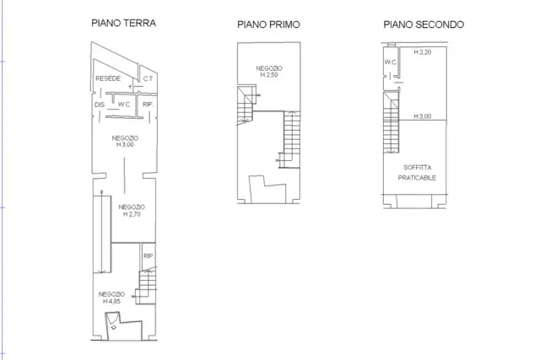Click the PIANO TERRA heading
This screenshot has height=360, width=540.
click(x=124, y=23)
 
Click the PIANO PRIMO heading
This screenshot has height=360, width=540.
click(x=268, y=24)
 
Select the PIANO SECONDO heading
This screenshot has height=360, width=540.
click(x=424, y=24)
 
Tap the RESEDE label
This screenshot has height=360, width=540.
click(x=108, y=78)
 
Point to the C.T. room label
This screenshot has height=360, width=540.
click(x=148, y=78)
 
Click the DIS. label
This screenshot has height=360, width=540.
click(x=100, y=105)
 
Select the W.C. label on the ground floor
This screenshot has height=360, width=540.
click(x=124, y=105)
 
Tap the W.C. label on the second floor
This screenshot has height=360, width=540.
click(x=391, y=62)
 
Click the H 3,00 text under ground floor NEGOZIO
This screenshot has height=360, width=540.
click(x=125, y=144)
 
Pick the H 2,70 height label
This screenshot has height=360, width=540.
click(x=132, y=214)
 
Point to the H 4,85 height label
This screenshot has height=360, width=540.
click(x=111, y=302)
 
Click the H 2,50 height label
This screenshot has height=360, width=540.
click(x=269, y=75)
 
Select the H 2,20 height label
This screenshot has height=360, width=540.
click(x=423, y=52)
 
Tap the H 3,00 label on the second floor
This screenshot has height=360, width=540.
click(x=423, y=116)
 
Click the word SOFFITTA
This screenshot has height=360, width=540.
click(x=418, y=168)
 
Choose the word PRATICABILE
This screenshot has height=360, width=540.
click(x=417, y=178)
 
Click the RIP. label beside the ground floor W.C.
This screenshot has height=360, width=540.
click(x=148, y=105)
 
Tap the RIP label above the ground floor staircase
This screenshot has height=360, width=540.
click(x=148, y=256)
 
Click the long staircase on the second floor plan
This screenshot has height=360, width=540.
click(x=391, y=122)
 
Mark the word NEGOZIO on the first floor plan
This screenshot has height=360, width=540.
click(x=269, y=68)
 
